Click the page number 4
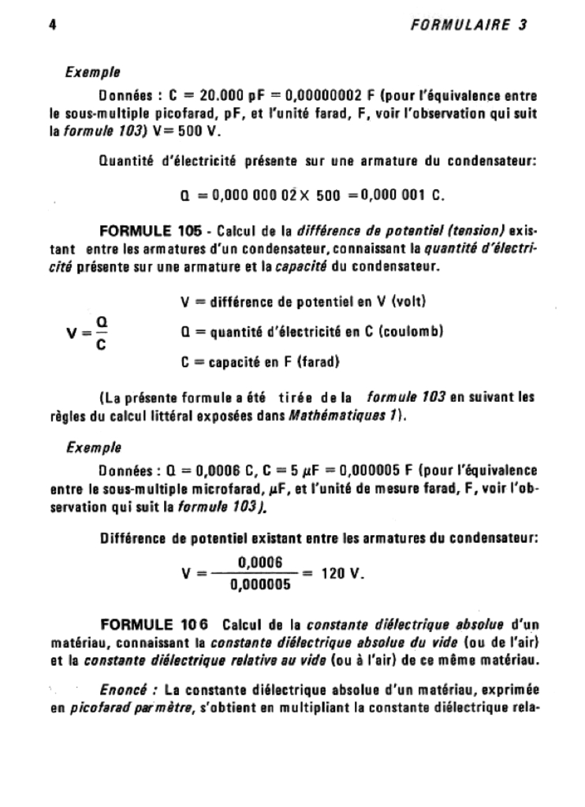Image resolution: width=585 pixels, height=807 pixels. point(52,24)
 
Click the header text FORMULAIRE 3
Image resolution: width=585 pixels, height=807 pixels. point(469,24)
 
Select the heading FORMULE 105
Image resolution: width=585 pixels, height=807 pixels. point(149,232)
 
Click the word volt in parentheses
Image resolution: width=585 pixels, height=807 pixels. point(409,302)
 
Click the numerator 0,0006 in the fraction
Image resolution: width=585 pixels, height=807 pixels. point(259,563)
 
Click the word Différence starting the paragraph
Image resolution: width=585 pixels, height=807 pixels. point(134,539)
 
